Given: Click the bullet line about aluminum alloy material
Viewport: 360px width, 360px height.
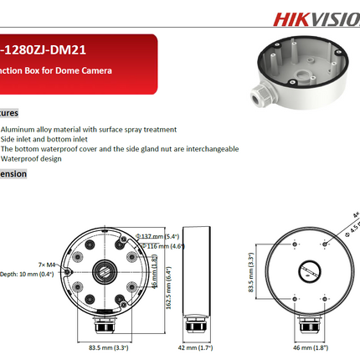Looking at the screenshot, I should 89,129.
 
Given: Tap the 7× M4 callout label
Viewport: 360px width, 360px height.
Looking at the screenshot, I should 46,241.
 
